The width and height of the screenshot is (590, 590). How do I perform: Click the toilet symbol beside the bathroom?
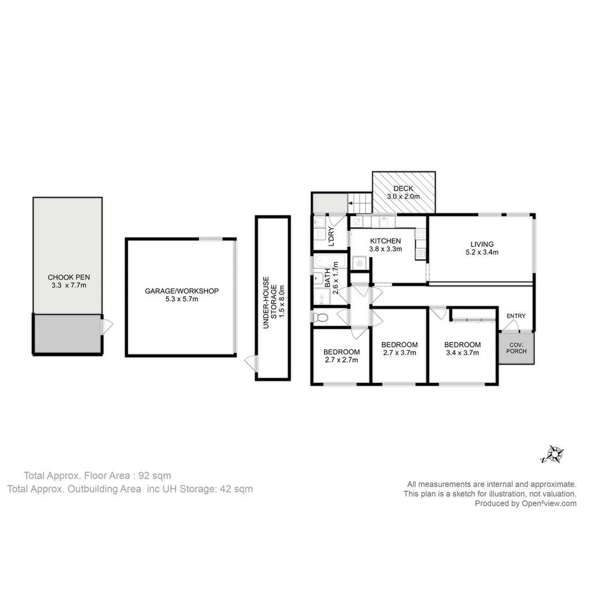tap(322, 317)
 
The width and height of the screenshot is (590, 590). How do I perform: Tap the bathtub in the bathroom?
tap(330, 262)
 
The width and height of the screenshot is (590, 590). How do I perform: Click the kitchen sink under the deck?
tap(387, 221)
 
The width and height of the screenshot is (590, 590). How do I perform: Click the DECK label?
tap(403, 188)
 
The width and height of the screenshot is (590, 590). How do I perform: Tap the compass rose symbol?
tap(556, 454)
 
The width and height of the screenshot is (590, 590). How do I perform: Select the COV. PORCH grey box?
tap(516, 347)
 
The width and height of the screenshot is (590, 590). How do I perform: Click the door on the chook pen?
tap(107, 327)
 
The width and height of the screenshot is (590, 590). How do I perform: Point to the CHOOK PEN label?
tap(67, 276)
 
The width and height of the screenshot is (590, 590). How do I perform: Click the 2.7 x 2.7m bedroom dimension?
tap(341, 360)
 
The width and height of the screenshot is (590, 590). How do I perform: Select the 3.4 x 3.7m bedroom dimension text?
tap(462, 353)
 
